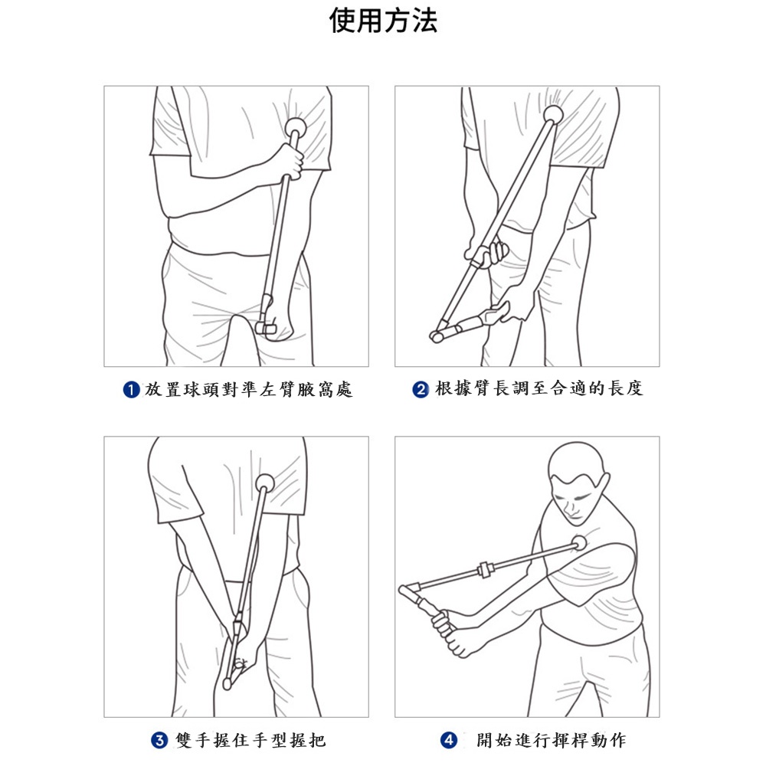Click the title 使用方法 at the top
(383, 21)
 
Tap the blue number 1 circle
(132, 390)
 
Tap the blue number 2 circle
(421, 389)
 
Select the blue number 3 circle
(159, 740)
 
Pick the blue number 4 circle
(449, 740)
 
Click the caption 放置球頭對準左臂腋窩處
(249, 390)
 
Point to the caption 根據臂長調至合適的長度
(538, 389)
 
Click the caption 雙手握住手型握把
(250, 740)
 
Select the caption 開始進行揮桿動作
(552, 740)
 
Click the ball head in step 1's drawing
(296, 127)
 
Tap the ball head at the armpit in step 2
(554, 114)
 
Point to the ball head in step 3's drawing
(265, 483)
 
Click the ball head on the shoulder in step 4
(579, 543)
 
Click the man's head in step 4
(577, 480)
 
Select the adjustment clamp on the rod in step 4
(484, 570)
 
